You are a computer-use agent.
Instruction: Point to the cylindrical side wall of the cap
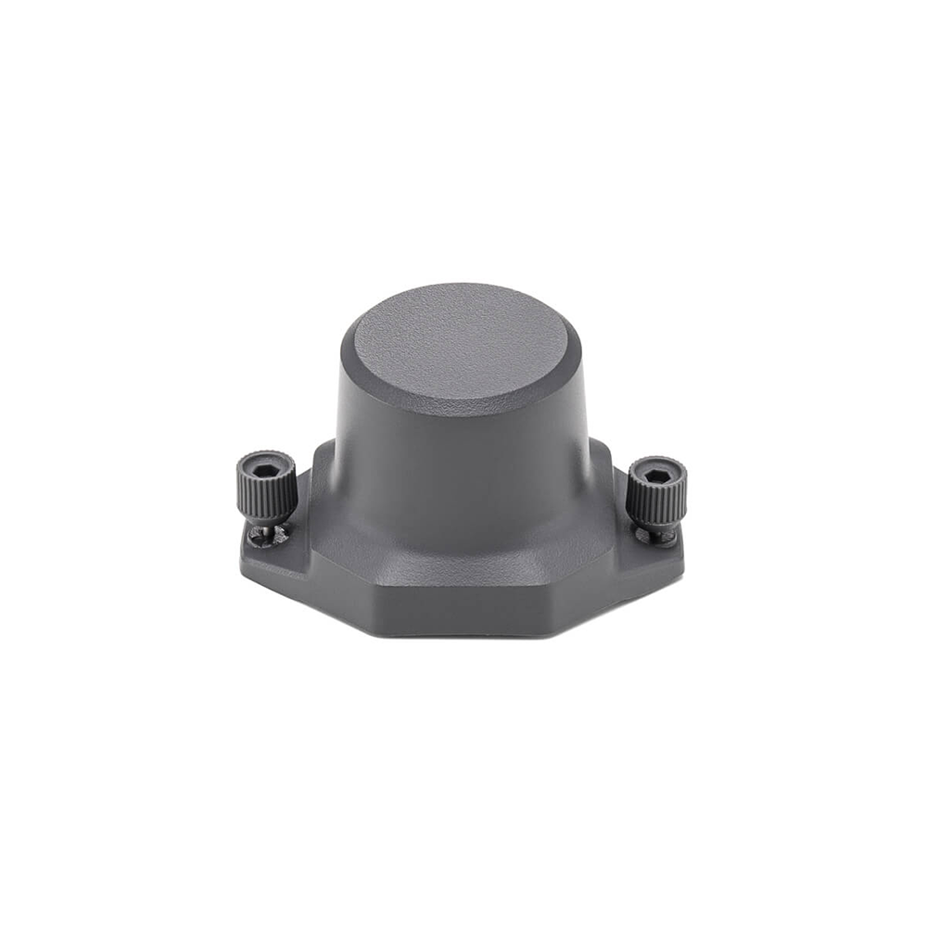click(x=463, y=454)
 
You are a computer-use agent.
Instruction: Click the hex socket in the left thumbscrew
click(x=265, y=460)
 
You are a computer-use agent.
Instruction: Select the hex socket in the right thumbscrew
click(x=657, y=476)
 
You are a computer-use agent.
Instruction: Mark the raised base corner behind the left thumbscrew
click(x=320, y=463)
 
